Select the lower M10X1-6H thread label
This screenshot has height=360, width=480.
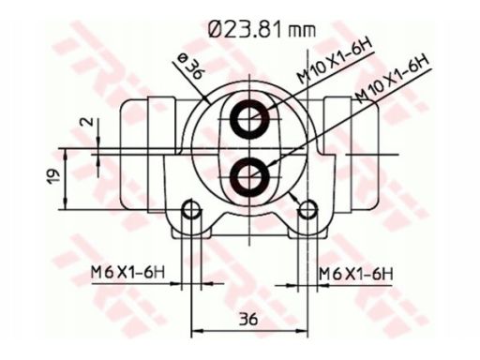point(392,79)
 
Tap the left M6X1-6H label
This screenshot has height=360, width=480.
point(127,273)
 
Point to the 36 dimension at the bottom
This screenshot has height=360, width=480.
point(248,319)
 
